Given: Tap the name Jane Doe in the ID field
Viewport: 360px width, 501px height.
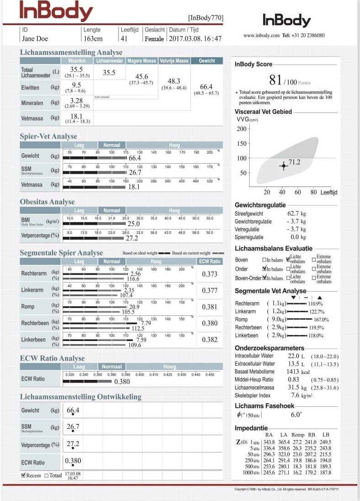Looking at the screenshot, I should pos(35,39).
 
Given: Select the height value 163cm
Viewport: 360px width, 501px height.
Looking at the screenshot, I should pos(93,39).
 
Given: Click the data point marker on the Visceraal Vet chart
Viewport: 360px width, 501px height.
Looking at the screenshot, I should pos(283,166).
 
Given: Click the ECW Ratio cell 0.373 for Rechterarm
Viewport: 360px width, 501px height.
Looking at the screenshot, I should pos(210,274).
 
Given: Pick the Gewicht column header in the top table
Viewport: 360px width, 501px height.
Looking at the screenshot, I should pos(207,61).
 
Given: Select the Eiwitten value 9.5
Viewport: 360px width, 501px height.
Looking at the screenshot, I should pos(77,85).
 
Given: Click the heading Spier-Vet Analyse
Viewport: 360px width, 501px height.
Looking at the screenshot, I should pos(48,136).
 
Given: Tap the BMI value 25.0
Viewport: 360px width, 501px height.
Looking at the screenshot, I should pos(134,224).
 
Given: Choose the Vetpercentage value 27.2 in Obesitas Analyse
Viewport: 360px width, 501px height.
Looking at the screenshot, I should pos(132,238).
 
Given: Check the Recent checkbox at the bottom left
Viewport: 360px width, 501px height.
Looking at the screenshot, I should pos(23,475).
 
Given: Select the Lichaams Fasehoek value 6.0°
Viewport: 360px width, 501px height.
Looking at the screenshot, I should pos(296,415).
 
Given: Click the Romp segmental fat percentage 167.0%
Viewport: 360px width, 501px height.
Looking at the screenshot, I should pos(321,320).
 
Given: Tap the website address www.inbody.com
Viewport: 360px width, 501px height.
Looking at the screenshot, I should pos(261,35).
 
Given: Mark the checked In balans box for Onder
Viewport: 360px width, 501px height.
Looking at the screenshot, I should pos(264,269).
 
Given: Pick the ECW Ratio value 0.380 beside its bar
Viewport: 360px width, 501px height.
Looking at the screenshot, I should pos(122,382).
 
